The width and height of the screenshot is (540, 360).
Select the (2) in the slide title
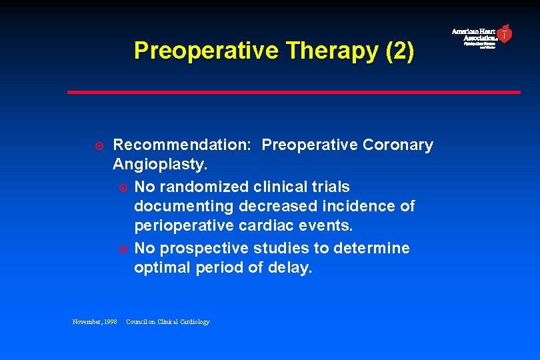click(x=400, y=51)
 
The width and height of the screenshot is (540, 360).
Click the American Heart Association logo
click(x=482, y=36)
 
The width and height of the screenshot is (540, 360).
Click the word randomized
click(x=204, y=187)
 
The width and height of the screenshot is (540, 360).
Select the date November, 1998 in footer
click(x=95, y=322)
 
